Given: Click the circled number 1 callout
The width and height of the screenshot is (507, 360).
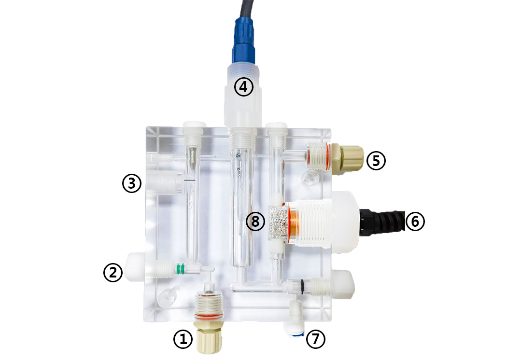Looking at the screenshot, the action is tap(183, 339).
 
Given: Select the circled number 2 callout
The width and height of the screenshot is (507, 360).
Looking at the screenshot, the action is tap(113, 272).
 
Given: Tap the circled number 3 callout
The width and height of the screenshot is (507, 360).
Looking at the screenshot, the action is tap(132, 183).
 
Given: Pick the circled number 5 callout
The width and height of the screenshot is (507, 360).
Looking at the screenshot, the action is tap(376, 160).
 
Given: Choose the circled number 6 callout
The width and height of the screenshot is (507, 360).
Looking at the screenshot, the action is tap(415, 222).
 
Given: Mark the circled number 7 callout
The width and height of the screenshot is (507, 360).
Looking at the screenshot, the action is tap(316, 339).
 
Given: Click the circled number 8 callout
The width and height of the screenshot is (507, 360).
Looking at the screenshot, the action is tap(255, 222).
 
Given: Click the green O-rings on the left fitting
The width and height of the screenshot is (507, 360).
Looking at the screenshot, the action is tap(180, 269).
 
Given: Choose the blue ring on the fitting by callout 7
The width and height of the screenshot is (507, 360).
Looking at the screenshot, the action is tap(297, 335).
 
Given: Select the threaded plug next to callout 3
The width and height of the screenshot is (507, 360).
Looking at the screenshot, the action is tap(165, 182).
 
